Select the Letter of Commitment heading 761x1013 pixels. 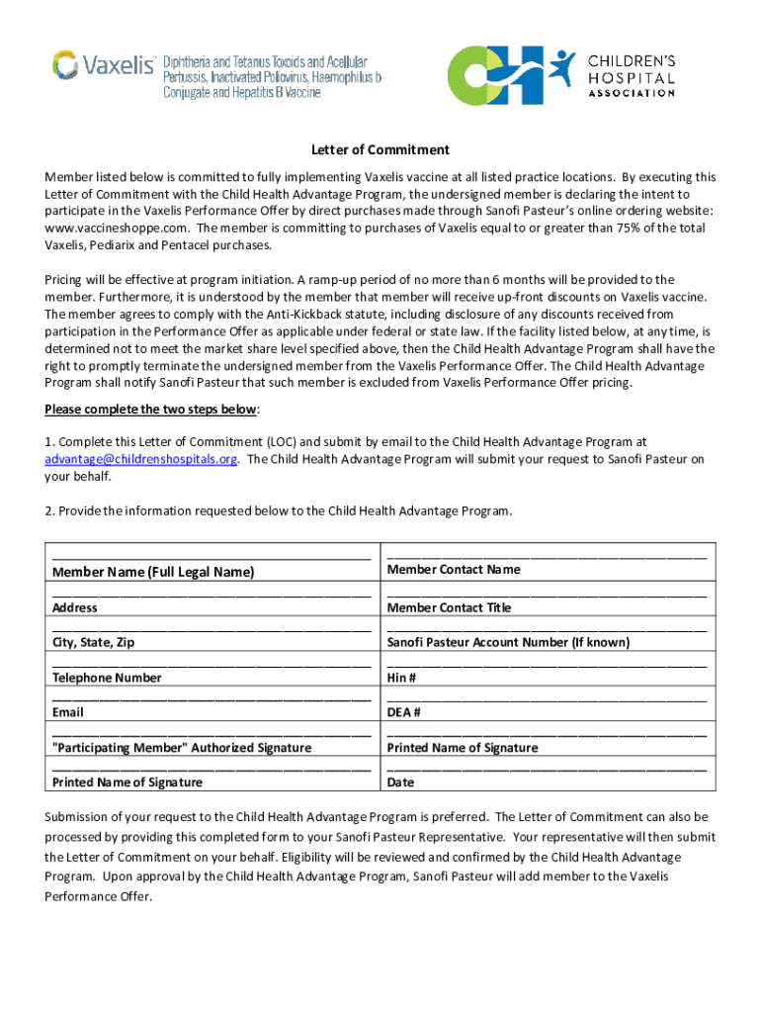(x=380, y=149)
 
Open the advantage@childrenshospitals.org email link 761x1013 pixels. (x=140, y=459)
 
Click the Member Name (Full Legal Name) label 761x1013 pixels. (x=152, y=572)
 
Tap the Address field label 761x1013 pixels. (x=75, y=607)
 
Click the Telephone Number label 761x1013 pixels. (x=107, y=678)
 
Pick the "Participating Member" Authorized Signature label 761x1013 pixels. (x=182, y=748)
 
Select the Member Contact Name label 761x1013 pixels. (x=454, y=569)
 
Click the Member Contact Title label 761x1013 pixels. (x=449, y=607)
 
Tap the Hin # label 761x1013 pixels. (x=401, y=678)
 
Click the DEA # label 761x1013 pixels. (x=404, y=712)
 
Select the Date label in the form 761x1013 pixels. (x=401, y=783)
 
